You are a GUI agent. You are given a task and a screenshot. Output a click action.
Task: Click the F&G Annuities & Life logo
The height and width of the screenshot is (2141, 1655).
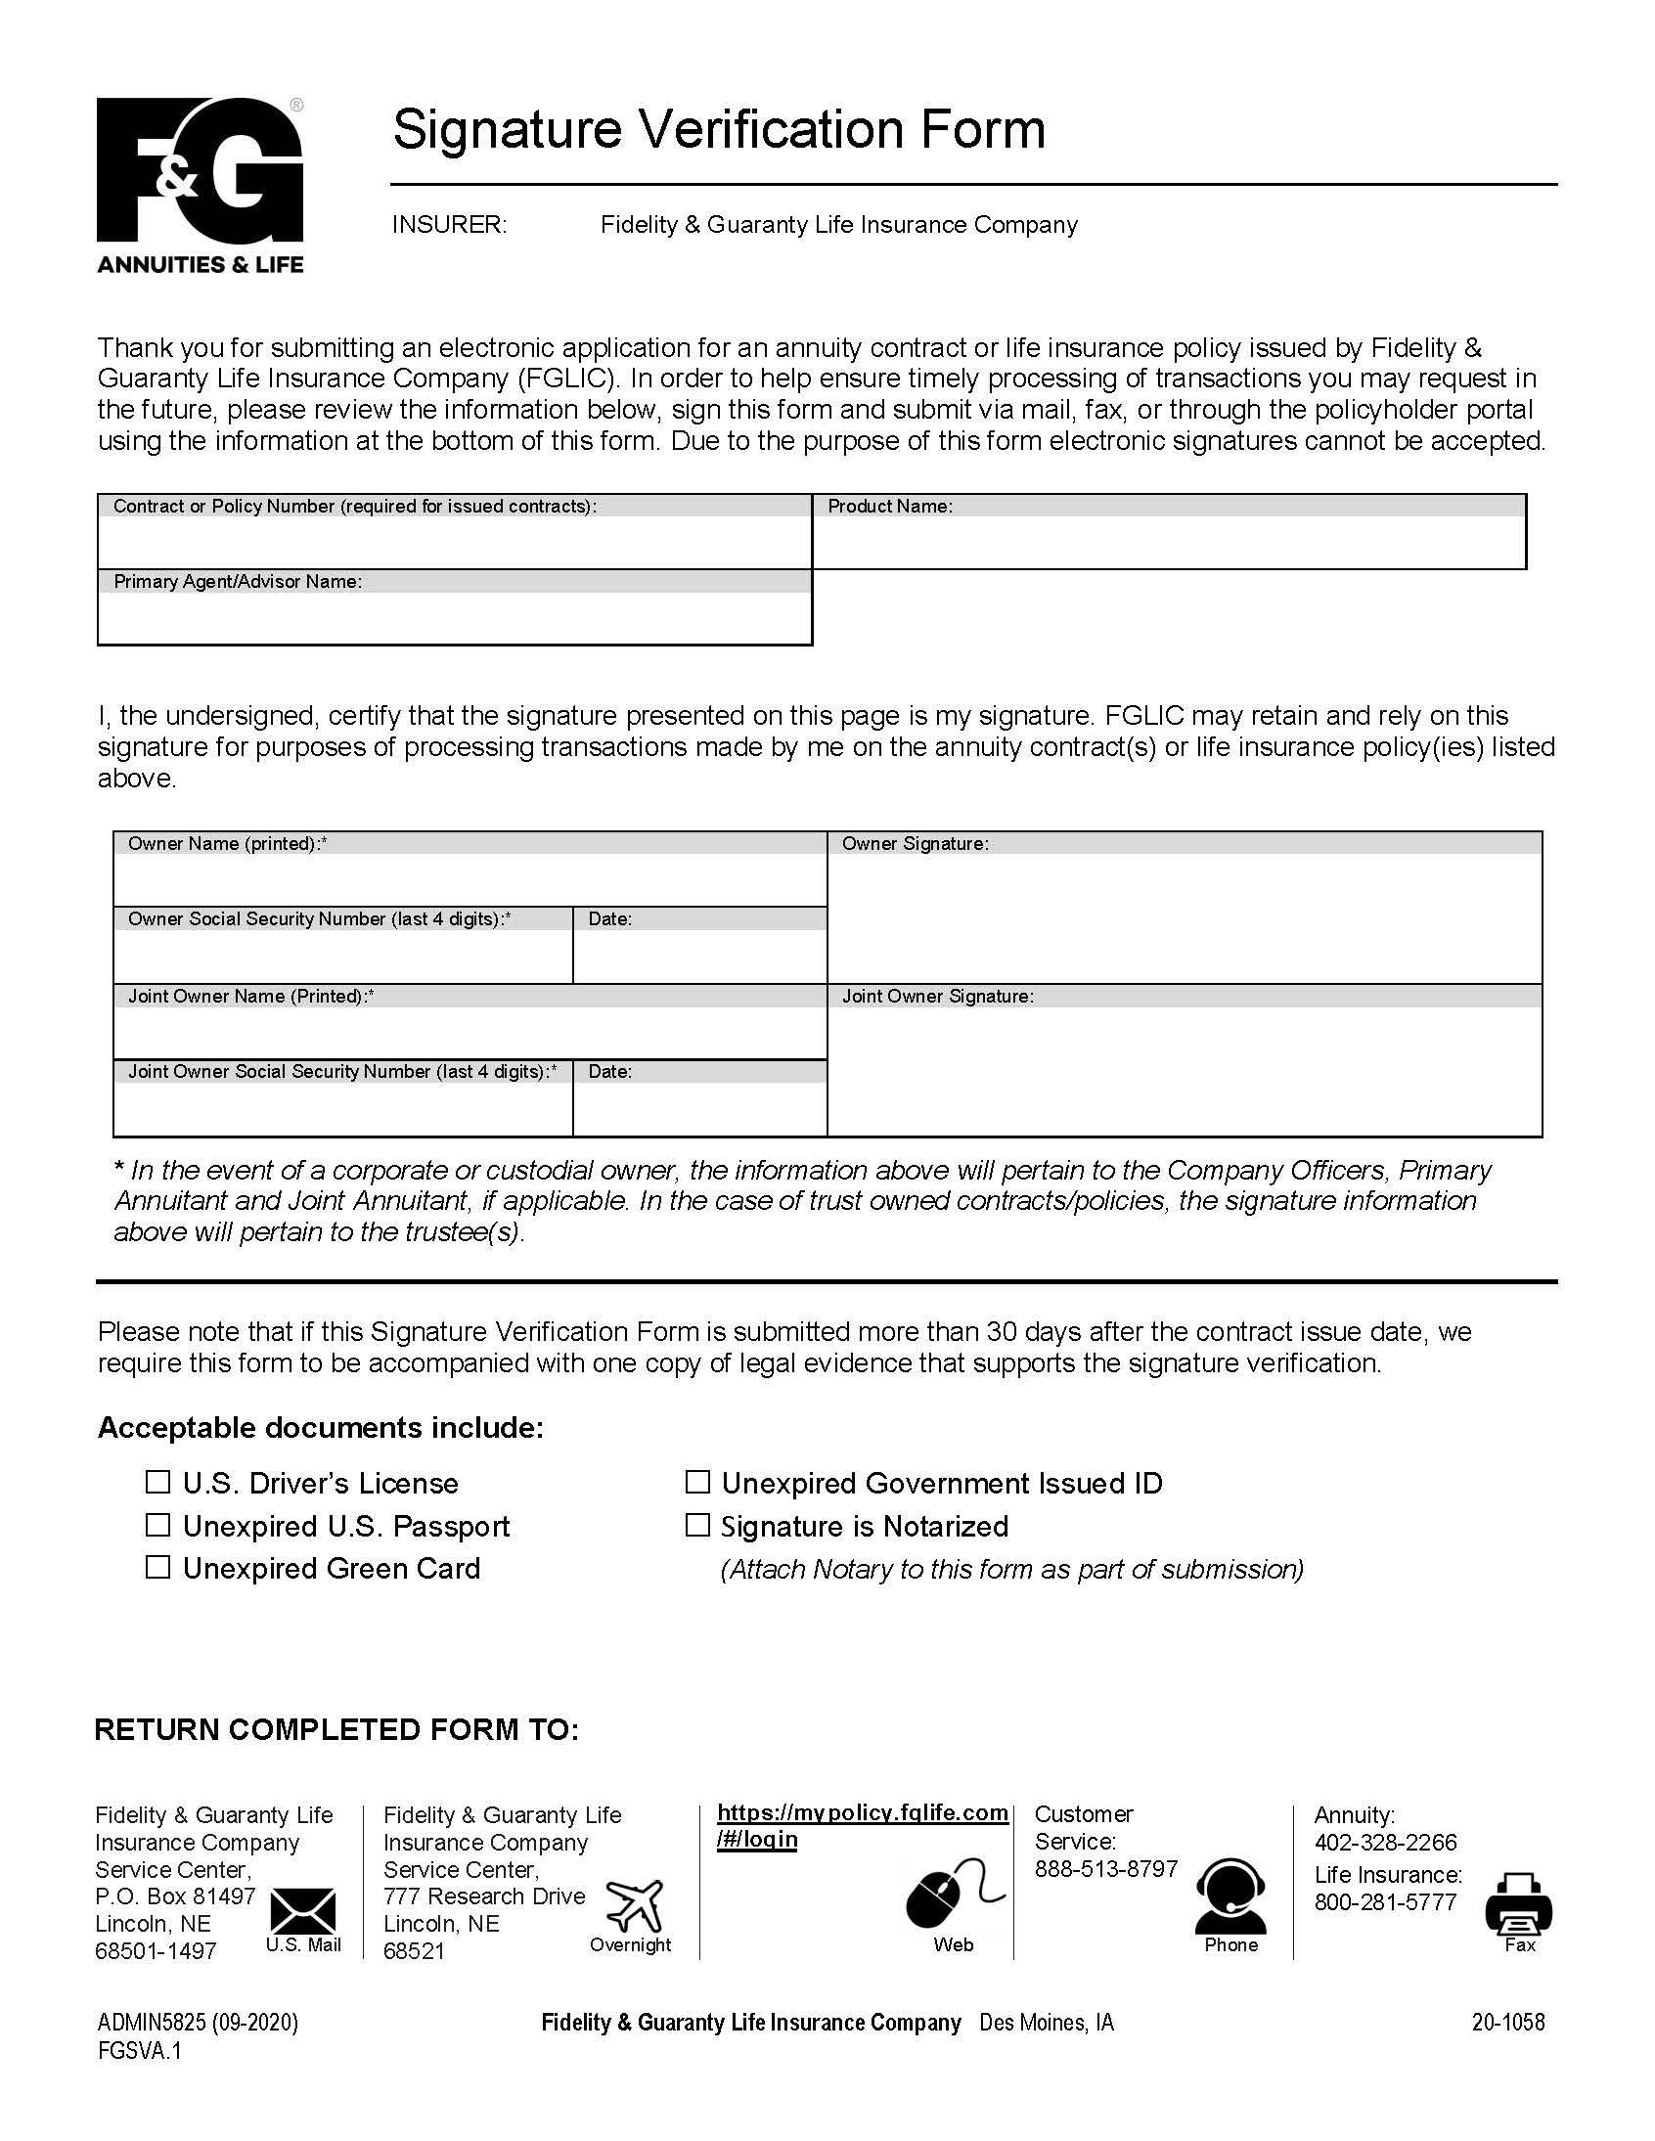200,184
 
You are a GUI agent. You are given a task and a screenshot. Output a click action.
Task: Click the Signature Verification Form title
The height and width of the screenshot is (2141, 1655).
719,129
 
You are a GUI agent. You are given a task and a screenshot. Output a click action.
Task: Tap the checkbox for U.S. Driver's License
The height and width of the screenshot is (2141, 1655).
157,1481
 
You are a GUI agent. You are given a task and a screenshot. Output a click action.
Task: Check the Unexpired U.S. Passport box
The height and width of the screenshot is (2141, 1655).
157,1525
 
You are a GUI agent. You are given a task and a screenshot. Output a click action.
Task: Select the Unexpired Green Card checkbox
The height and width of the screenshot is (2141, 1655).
157,1567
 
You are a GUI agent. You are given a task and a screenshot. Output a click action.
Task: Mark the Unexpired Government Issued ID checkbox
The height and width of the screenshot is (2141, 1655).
697,1481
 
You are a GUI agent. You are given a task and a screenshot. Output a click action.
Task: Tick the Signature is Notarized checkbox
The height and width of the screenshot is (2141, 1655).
697,1525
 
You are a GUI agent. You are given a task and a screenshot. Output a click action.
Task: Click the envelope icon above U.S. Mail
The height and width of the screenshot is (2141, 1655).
303,1911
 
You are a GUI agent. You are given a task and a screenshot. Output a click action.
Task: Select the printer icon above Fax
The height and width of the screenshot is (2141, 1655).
1518,1902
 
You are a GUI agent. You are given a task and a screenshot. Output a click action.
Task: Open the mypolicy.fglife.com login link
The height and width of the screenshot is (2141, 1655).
862,1825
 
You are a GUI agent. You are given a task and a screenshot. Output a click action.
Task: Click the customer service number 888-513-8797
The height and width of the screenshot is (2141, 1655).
1105,1868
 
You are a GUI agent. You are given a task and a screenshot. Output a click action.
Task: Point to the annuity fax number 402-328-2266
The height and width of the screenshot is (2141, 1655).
1385,1842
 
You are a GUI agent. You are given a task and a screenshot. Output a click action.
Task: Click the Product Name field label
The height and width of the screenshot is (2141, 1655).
889,506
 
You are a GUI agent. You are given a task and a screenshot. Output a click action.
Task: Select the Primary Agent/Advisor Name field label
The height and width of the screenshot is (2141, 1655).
238,581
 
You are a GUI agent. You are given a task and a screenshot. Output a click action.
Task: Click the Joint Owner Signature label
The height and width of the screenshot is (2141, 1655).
937,996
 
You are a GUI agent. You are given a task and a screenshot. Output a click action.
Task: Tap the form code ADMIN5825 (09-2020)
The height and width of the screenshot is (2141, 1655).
197,2022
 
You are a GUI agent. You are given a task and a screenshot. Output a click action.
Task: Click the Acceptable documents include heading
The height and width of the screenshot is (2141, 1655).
320,1427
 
